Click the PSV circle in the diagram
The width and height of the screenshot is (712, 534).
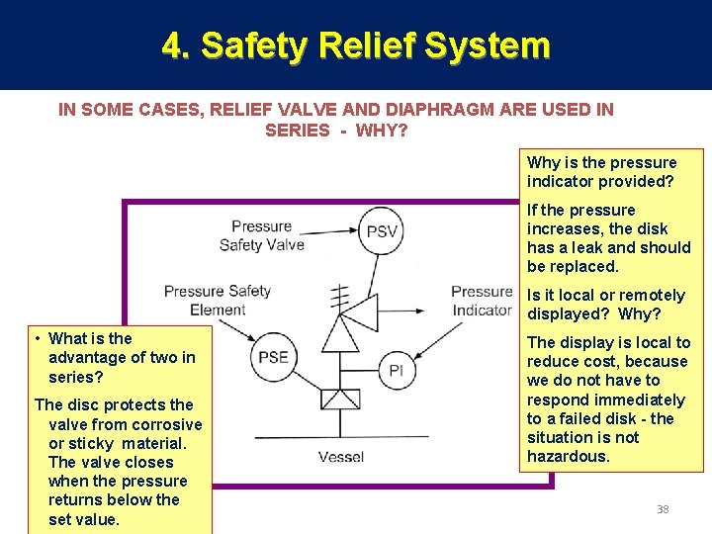click(382, 230)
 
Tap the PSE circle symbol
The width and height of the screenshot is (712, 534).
click(274, 357)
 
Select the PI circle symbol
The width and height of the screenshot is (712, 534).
click(397, 370)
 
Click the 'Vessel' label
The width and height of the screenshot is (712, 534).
click(340, 456)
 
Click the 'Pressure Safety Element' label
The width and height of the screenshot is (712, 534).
click(218, 300)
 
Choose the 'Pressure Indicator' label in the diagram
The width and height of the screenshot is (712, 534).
click(482, 301)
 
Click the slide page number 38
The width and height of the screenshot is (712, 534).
click(663, 509)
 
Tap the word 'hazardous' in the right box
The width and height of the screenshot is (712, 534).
click(568, 456)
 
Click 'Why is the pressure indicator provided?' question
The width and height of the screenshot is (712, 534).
click(601, 172)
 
